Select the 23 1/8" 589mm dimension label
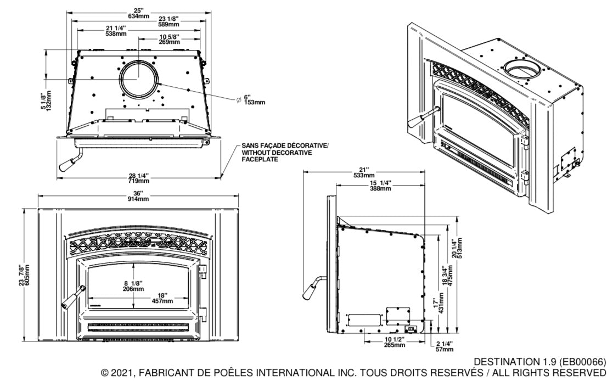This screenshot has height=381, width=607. pos(169,21)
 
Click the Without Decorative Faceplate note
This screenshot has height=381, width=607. pos(285,153)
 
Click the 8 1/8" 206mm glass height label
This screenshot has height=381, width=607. pos(133,286)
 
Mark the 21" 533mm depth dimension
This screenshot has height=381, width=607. pos(365,173)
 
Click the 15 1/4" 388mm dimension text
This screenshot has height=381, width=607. pos(380,186)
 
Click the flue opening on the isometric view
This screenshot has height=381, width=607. pos(521,69)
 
